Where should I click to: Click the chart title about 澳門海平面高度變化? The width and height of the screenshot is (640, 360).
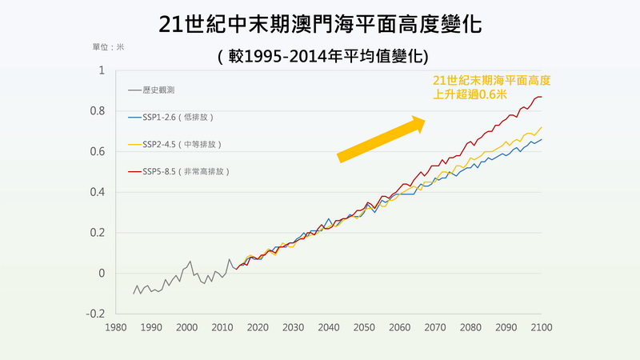point(320,22)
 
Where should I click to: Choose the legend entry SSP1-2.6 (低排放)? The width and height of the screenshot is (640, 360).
point(177,117)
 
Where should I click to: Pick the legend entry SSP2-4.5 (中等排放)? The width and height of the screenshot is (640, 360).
point(180,144)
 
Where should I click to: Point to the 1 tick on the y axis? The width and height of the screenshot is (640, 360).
point(101,70)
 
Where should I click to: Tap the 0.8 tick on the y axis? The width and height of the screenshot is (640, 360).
point(97,111)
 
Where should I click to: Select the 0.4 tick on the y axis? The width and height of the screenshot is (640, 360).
point(97,192)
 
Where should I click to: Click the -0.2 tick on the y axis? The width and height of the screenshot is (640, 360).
point(95,314)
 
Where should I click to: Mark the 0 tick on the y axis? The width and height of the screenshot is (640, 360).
point(101,273)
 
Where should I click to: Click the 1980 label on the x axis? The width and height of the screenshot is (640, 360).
point(116,326)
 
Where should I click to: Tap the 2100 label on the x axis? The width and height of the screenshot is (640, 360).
point(542,326)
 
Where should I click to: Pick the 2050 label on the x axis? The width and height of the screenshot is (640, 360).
point(364,326)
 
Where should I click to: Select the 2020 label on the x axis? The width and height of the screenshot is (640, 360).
point(258,326)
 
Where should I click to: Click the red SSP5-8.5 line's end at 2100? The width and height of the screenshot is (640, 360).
point(541,97)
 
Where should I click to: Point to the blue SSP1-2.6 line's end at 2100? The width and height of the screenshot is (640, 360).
point(541,139)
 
